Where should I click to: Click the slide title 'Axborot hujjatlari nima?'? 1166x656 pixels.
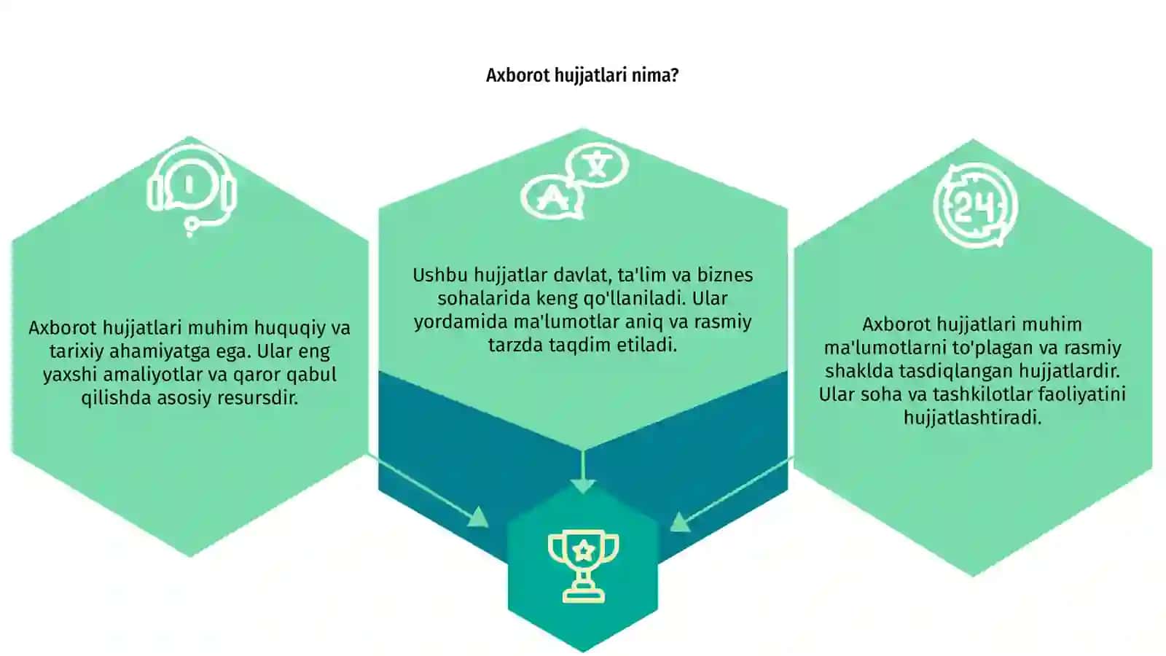tap(582, 76)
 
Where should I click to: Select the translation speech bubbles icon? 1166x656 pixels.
tap(575, 180)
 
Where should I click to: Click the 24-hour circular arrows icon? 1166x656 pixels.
tap(975, 206)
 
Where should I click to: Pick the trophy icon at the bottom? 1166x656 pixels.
tap(583, 566)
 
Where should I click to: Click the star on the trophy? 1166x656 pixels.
tap(584, 550)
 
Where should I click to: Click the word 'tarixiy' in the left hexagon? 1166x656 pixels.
tap(77, 351)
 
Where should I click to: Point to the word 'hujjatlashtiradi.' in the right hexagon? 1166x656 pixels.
tap(972, 418)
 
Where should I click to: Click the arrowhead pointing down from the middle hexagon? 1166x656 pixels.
tap(583, 486)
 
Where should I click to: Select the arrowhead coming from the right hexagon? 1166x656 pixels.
tap(680, 522)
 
